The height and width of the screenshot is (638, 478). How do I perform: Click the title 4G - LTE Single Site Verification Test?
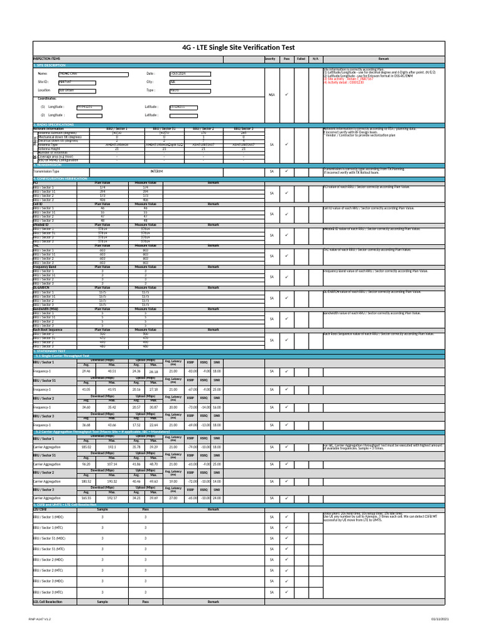click(239, 47)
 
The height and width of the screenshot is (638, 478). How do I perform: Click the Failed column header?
click(301, 59)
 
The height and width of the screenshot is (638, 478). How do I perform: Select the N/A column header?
click(315, 59)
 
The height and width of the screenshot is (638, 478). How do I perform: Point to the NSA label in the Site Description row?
click(271, 95)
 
